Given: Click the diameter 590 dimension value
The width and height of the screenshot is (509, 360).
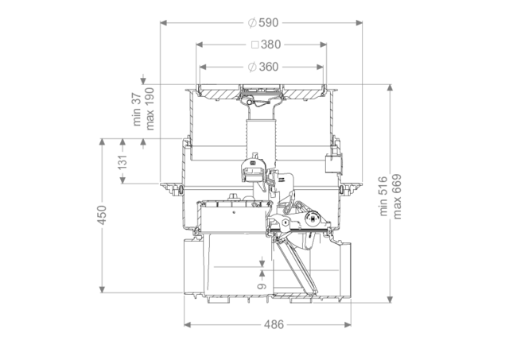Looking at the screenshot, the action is tap(263, 23).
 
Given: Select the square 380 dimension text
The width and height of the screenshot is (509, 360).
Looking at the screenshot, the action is tap(266, 45).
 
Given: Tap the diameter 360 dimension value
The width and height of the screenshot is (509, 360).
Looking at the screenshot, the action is tap(263, 67).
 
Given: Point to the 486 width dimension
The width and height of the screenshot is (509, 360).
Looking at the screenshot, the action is tap(274, 324).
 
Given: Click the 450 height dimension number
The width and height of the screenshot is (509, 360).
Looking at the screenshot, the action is tap(103, 215).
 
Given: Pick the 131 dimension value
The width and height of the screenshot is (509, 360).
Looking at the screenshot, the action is tap(122, 162).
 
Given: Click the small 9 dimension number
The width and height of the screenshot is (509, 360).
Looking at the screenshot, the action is tap(262, 286).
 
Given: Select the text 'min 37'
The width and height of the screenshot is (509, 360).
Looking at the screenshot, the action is tap(137, 110).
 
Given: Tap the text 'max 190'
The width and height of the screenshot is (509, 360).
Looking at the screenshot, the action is tap(150, 109).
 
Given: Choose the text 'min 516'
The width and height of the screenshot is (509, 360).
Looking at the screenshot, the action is tap(383, 195).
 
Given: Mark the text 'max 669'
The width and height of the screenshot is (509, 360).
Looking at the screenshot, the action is tap(397, 196).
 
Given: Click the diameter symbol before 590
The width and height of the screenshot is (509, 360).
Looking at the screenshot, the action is tap(252, 23).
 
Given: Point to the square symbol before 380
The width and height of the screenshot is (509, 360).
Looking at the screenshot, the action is tap(255, 45).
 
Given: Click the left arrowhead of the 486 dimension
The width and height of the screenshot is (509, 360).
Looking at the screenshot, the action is tap(188, 324).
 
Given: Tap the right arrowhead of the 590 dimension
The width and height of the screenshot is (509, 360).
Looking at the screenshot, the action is tap(359, 23).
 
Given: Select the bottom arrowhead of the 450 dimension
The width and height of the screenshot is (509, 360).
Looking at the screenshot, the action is tap(103, 289).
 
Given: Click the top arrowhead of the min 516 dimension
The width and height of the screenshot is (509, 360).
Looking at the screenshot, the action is tap(390, 88).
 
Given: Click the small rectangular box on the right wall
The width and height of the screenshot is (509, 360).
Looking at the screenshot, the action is tap(333, 164).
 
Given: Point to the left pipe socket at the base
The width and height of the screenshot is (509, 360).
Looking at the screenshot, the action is tap(193, 266).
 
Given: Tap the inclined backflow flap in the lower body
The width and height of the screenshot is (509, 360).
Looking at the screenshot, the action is tap(295, 266).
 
